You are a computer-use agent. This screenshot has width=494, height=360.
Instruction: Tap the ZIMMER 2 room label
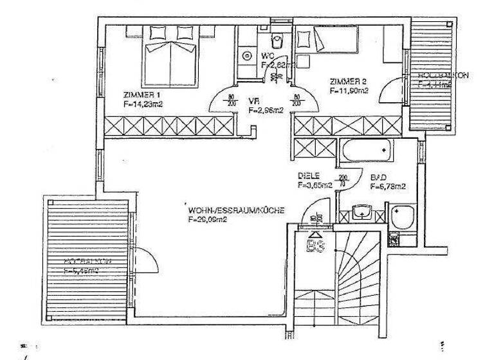348,82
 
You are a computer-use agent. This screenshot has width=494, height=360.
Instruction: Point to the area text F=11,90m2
349,91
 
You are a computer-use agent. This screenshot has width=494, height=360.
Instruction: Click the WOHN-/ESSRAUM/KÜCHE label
236,210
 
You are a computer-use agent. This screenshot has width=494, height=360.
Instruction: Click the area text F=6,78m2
388,187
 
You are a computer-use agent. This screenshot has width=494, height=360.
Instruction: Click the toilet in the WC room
277,42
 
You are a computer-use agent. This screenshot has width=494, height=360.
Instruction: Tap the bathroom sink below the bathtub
361,211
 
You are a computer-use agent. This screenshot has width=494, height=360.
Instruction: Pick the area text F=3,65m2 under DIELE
315,185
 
